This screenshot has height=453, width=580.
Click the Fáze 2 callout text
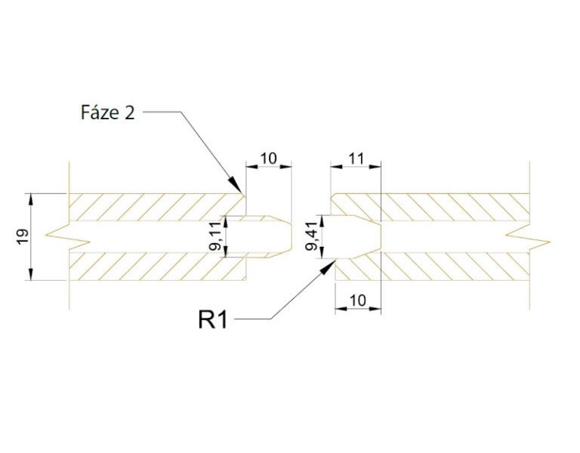tap(107, 112)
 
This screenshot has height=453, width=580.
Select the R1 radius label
tap(212, 319)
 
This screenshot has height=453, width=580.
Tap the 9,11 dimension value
tap(214, 236)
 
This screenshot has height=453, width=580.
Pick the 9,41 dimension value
tap(312, 236)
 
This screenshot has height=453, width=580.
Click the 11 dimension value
tap(356, 159)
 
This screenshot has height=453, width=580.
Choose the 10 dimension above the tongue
tap(269, 159)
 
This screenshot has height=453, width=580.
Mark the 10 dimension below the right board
tap(358, 300)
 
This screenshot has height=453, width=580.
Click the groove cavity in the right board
tap(356, 236)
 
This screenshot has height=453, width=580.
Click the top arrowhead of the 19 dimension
tap(31, 199)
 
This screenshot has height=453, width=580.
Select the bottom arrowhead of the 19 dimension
tap(31, 276)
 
